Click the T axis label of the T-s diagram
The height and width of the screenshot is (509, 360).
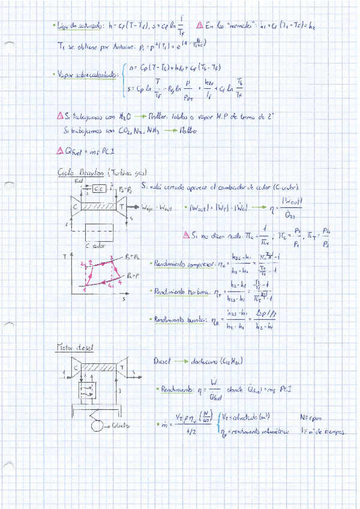tap(64, 256)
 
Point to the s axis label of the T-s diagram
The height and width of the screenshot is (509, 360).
tap(124, 297)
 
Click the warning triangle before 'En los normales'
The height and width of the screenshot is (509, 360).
tap(199, 26)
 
